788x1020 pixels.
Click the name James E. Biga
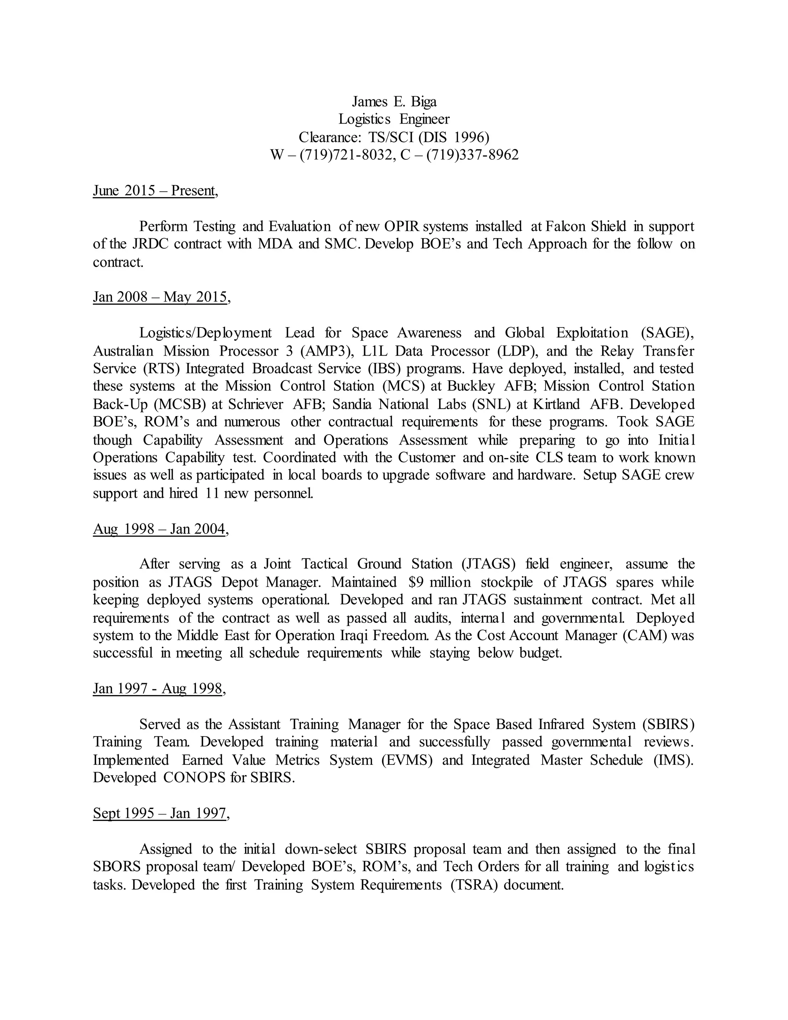[394, 101]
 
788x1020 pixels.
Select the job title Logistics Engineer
[394, 119]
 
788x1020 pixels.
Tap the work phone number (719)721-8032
[345, 155]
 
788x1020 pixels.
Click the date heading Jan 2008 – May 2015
[160, 297]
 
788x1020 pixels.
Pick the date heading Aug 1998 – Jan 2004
[159, 529]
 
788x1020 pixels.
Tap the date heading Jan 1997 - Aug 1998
[158, 689]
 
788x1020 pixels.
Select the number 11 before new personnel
[212, 493]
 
